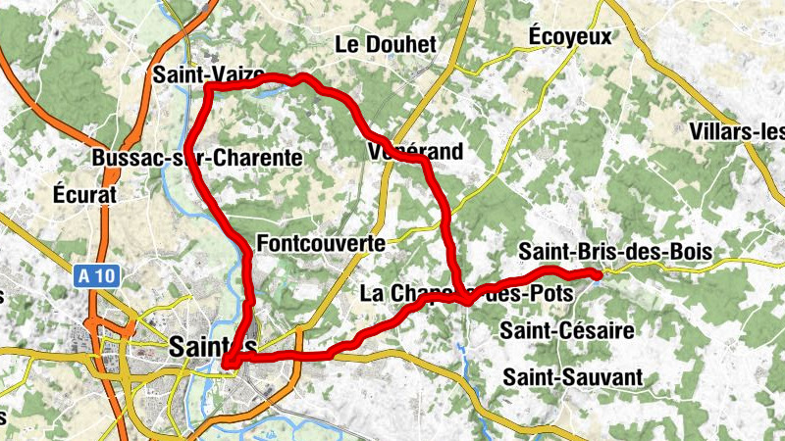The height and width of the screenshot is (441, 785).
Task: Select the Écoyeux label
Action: (569, 36)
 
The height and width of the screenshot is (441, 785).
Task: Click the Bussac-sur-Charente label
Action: (197, 158)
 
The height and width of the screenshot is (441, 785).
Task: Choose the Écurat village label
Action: (85, 195)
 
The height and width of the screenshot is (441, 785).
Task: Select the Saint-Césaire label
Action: (567, 330)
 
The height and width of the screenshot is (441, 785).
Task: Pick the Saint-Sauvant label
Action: (573, 377)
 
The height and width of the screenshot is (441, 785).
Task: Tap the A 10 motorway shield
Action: (97, 278)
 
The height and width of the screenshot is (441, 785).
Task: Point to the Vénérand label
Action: (415, 152)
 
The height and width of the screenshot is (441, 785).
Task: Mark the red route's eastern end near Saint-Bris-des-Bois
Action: (595, 274)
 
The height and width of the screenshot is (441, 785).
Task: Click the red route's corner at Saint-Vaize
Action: (209, 88)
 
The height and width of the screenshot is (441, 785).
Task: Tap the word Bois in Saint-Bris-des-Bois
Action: (690, 252)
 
